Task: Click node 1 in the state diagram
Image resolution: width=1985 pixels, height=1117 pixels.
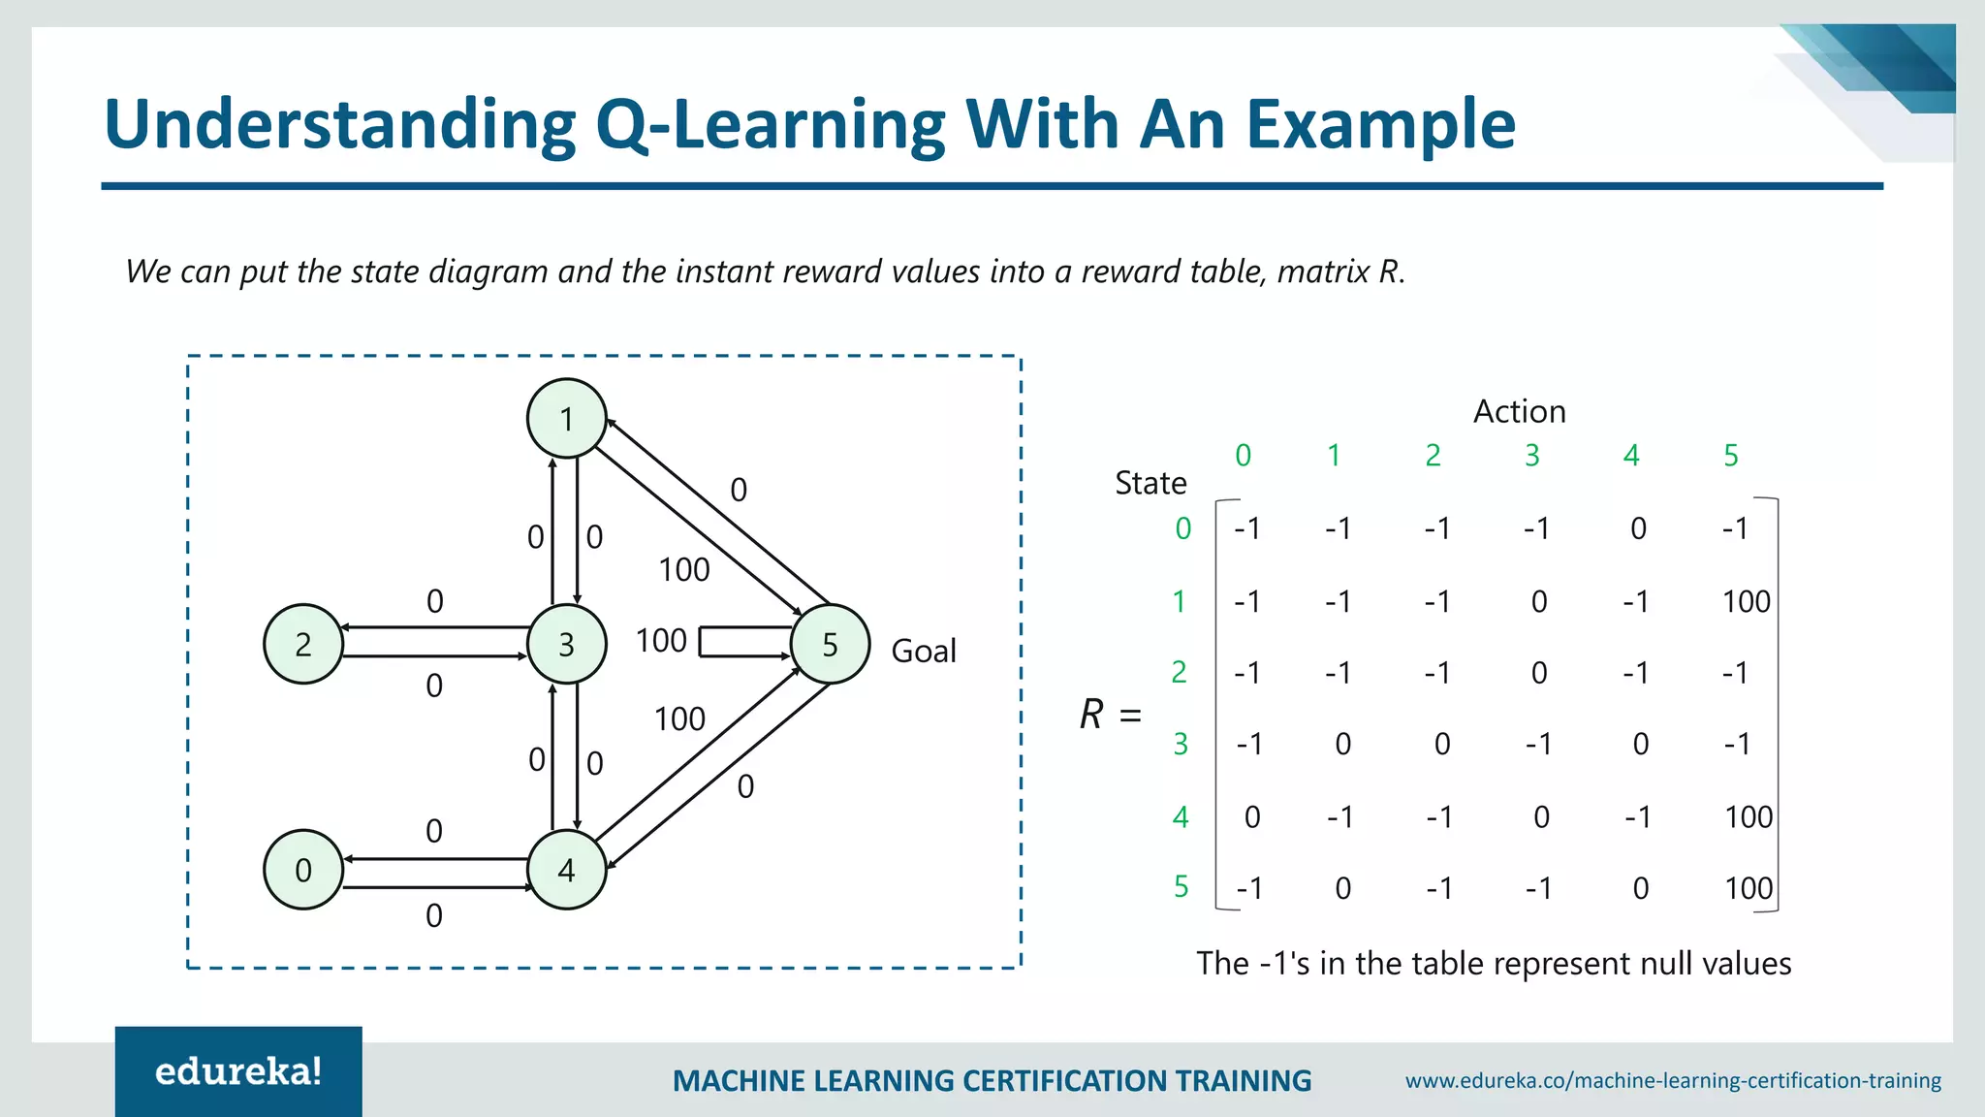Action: (567, 419)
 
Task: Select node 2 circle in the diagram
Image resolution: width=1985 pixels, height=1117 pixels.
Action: (303, 644)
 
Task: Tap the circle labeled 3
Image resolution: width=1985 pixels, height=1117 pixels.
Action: (567, 644)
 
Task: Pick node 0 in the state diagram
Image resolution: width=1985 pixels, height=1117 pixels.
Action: (303, 870)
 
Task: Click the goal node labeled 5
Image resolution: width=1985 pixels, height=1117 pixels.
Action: (830, 644)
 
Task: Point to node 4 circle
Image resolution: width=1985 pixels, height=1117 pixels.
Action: (567, 870)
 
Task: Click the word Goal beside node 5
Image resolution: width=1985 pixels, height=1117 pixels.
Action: (923, 651)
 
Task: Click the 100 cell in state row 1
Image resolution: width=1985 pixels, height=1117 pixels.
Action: (1746, 602)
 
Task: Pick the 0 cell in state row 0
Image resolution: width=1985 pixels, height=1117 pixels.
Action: (1638, 528)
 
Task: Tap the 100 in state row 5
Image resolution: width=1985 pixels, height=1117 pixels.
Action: (1749, 888)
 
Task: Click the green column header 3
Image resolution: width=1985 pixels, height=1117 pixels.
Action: (1532, 455)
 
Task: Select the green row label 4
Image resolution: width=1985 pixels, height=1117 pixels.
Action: (1181, 816)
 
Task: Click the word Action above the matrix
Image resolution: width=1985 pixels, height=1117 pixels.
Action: (1519, 411)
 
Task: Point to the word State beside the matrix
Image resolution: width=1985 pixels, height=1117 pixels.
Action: (1150, 483)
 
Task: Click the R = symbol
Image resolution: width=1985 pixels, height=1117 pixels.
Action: (1111, 715)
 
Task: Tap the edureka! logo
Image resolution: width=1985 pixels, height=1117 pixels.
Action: (238, 1071)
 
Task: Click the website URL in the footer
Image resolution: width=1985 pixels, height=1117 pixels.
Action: (1673, 1080)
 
